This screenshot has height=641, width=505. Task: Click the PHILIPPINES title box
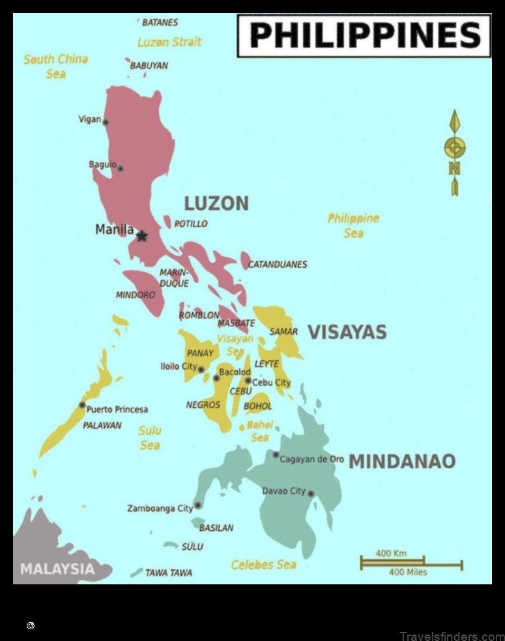coord(364,36)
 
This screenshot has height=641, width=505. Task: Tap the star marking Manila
coord(141,236)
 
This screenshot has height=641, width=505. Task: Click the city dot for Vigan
coord(106,122)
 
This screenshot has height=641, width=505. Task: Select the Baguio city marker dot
coord(121,168)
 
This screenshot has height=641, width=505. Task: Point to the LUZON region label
coord(216,203)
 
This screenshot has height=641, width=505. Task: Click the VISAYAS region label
coord(347,332)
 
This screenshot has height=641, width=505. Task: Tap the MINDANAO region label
coord(402,461)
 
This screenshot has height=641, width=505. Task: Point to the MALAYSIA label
coord(57,569)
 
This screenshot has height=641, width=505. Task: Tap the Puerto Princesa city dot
coord(82,405)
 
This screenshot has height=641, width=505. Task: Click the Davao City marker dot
coord(311,494)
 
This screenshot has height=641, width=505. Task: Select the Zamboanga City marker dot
coord(198,505)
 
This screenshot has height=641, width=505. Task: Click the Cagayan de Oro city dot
coord(276,455)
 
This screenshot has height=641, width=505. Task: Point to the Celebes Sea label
coord(263,565)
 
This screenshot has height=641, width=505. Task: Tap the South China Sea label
coord(55,66)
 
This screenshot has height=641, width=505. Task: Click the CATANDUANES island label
coord(277,264)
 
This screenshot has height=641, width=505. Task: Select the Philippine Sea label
coord(353,225)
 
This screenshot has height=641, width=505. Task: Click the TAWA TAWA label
coord(168,573)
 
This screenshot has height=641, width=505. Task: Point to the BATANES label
coord(160,22)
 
